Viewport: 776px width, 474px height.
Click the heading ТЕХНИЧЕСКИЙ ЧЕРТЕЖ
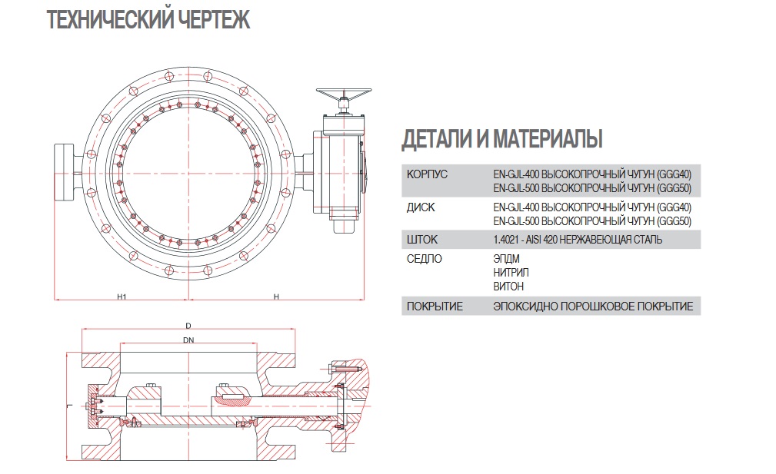[148, 20]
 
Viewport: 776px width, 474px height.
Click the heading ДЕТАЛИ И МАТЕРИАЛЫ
[501, 139]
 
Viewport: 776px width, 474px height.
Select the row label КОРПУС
[426, 174]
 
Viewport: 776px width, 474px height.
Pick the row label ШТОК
[421, 240]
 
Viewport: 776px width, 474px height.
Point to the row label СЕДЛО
[424, 259]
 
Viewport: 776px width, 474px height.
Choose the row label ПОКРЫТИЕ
[434, 307]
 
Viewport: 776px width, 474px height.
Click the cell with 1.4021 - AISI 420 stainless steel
[578, 240]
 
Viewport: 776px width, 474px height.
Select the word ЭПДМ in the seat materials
[507, 259]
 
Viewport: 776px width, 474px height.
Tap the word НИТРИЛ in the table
[511, 273]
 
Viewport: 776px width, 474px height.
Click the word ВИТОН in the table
[508, 286]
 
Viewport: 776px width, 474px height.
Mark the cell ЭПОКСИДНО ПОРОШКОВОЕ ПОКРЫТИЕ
[593, 307]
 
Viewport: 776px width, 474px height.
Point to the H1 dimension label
[122, 295]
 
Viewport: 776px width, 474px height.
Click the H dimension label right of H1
[275, 295]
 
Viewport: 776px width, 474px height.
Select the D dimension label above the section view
[188, 326]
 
